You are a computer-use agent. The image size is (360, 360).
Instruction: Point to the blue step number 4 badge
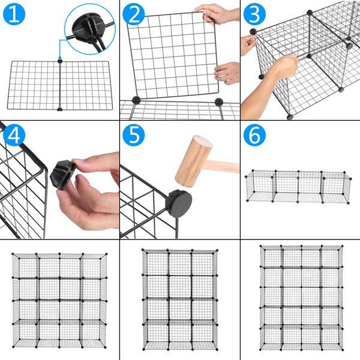pyautogui.click(x=13, y=136)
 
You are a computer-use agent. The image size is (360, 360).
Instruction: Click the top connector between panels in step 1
pyautogui.click(x=59, y=60)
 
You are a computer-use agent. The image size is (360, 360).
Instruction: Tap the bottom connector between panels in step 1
pyautogui.click(x=59, y=109)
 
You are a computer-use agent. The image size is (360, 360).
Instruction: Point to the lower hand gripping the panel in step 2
pyautogui.click(x=228, y=73)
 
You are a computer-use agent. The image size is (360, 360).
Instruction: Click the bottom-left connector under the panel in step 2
pyautogui.click(x=136, y=100)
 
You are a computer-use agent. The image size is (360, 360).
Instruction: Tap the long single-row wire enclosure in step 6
pyautogui.click(x=298, y=187)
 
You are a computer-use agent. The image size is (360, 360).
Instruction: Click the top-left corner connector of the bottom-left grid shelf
pyautogui.click(x=14, y=254)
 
